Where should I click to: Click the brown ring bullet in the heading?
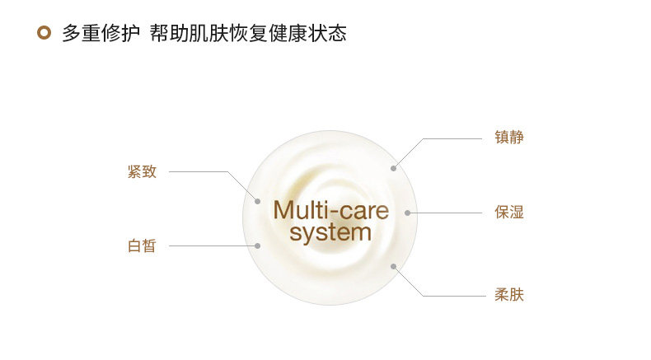pyautogui.click(x=44, y=34)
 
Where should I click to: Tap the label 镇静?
pyautogui.click(x=509, y=138)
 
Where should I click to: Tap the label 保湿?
pyautogui.click(x=509, y=213)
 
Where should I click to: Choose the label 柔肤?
pyautogui.click(x=509, y=295)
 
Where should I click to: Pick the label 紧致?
pyautogui.click(x=142, y=171)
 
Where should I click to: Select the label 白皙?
pyautogui.click(x=142, y=245)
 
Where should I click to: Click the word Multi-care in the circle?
pyautogui.click(x=330, y=210)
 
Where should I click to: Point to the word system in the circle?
pyautogui.click(x=330, y=232)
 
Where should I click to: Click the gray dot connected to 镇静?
pyautogui.click(x=394, y=168)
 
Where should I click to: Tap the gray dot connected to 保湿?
pyautogui.click(x=407, y=213)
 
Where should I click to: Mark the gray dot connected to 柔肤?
pyautogui.click(x=394, y=266)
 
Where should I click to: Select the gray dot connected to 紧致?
pyautogui.click(x=258, y=201)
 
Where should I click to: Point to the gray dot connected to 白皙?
pyautogui.click(x=258, y=245)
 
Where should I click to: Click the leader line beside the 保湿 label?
pyautogui.click(x=445, y=213)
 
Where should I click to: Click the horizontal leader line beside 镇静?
pyautogui.click(x=453, y=138)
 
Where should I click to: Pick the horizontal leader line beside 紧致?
pyautogui.click(x=198, y=172)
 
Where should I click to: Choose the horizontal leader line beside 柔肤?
pyautogui.click(x=453, y=296)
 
